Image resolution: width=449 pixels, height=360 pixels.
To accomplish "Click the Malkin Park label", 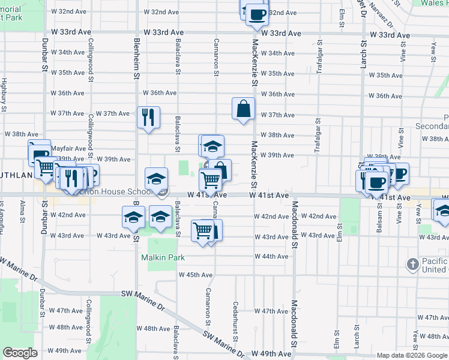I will (x=162, y=257).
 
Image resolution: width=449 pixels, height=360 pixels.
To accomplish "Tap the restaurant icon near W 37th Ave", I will (x=148, y=116).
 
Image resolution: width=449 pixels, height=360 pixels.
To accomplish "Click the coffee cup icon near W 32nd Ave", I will (x=256, y=14).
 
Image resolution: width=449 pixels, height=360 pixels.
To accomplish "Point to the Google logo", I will (x=20, y=352).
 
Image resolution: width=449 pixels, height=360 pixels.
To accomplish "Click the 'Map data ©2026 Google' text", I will (x=412, y=355).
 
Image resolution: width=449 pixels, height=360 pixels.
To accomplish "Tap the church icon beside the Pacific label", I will (x=412, y=264).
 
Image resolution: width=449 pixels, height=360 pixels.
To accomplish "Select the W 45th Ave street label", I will (x=196, y=275).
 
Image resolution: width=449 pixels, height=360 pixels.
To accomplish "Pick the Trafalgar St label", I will (x=319, y=55).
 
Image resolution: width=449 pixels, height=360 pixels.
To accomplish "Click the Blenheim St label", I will (x=137, y=58).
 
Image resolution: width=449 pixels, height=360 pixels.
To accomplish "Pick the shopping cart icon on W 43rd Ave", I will (x=203, y=231).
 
